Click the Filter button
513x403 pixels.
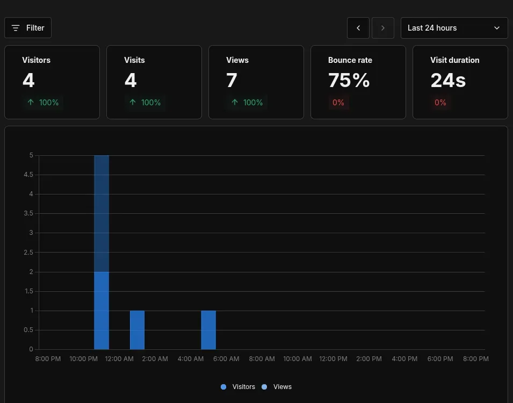pos(28,28)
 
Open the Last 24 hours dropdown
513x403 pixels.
pos(454,28)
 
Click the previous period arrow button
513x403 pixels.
pos(358,28)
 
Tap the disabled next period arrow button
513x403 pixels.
pos(382,28)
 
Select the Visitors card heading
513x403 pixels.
pos(36,60)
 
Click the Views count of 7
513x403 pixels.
pos(232,81)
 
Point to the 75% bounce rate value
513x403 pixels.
pos(349,81)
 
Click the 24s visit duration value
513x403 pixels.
pos(447,81)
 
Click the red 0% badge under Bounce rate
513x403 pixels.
pos(338,103)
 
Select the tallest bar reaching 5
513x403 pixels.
pos(102,215)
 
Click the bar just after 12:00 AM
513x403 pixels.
pos(137,330)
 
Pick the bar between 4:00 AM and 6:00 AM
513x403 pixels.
pos(208,330)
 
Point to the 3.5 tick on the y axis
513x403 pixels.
pos(28,213)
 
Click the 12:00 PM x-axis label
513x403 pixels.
pos(333,359)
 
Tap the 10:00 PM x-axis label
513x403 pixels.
pos(83,359)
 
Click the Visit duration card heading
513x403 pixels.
pos(454,60)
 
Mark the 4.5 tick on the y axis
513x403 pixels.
pos(28,175)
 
